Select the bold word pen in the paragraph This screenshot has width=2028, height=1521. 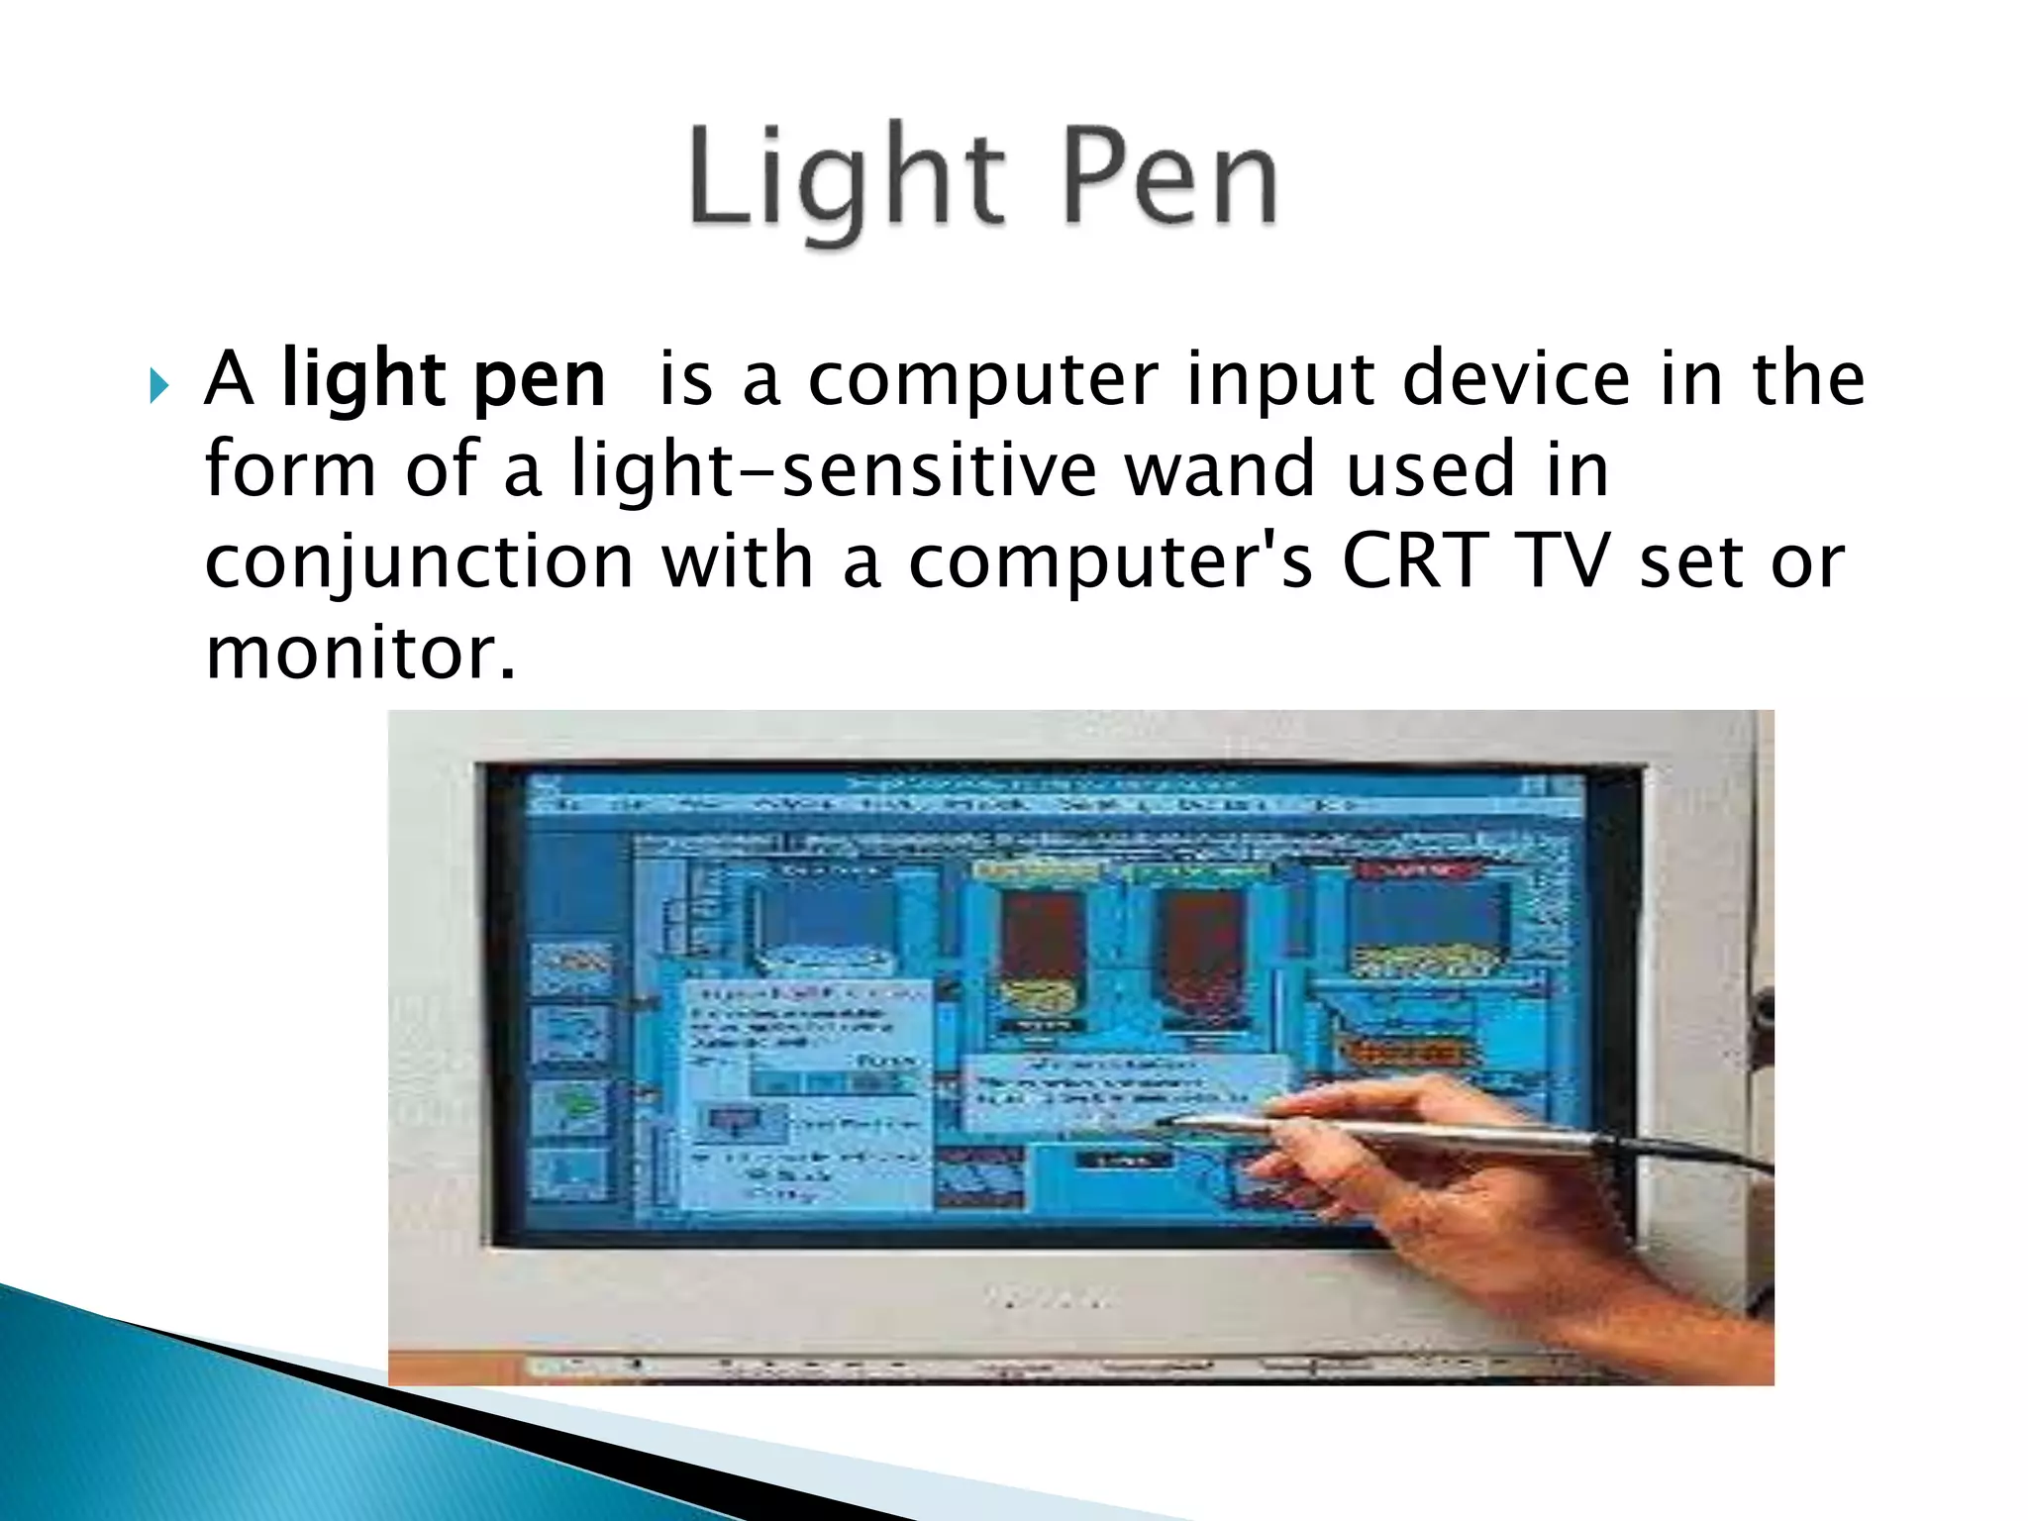coord(540,380)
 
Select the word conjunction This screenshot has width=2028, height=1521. coord(419,562)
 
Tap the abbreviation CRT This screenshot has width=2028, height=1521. coord(1415,560)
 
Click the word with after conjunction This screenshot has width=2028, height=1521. coord(738,560)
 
